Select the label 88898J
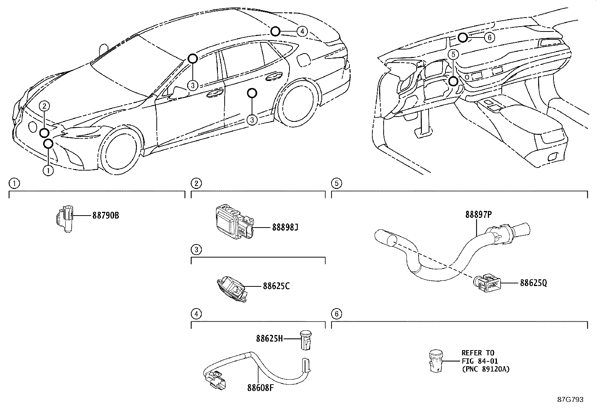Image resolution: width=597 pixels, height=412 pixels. tap(285, 227)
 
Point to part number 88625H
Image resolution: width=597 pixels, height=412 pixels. tap(269, 339)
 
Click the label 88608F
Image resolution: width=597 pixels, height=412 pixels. tap(260, 388)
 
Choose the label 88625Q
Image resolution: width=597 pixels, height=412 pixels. tap(533, 283)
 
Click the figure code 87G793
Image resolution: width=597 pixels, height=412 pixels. tap(570, 400)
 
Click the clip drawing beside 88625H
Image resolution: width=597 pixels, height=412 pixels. tap(306, 339)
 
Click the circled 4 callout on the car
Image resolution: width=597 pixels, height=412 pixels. tap(302, 31)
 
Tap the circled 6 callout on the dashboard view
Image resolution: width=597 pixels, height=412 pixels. tap(489, 37)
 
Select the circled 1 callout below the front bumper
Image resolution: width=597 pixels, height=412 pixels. tap(48, 171)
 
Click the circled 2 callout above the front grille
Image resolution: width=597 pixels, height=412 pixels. tap(44, 106)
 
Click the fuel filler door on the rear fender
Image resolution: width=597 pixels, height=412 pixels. tap(303, 59)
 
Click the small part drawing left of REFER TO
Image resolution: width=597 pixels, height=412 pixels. tap(435, 361)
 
